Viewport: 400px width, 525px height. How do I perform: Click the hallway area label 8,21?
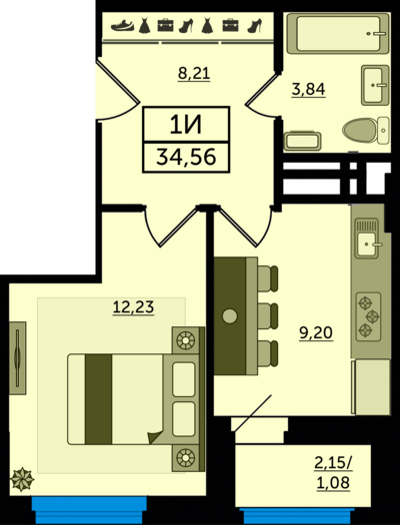pos(194,73)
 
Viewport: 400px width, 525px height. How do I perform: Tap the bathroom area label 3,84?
pos(308,90)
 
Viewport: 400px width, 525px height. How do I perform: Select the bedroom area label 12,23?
pos(133,306)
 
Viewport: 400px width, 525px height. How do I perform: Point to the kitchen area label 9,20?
pos(316,332)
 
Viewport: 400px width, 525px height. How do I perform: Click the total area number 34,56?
pos(186,157)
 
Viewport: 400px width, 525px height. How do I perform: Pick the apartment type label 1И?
pos(186,126)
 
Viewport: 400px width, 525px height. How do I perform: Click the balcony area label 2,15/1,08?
pos(333,473)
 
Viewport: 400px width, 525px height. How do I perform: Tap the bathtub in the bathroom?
pos(338,34)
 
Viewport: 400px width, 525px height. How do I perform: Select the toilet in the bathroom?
pos(366,130)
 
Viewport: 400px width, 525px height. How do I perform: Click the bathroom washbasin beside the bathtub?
pos(375,85)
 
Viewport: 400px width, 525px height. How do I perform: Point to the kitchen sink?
pos(367,239)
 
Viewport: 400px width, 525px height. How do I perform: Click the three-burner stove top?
pos(368,316)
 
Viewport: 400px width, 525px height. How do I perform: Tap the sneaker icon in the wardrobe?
pos(122,25)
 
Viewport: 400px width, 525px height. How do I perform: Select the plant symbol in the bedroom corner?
pos(22,479)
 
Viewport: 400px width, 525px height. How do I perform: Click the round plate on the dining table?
pos(230,315)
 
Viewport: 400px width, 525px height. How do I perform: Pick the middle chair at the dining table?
pos(268,316)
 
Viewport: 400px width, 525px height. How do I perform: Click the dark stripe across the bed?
pos(98,399)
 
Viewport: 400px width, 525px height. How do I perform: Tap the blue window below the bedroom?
pos(89,509)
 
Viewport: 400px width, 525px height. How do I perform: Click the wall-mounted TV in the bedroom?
pos(17,358)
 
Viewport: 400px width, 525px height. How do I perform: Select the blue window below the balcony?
pos(297,516)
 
